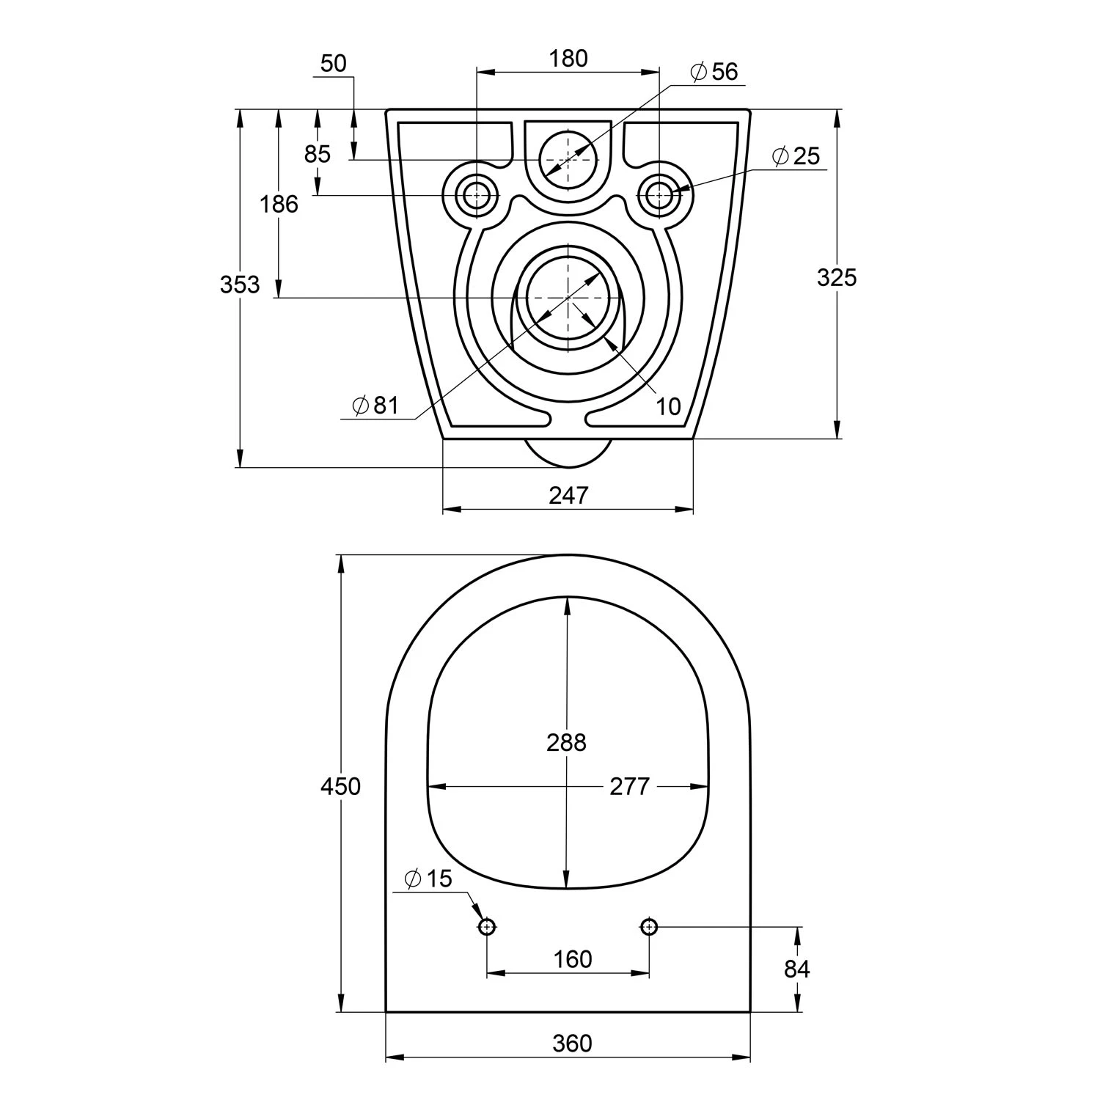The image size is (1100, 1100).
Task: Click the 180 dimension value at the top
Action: click(568, 59)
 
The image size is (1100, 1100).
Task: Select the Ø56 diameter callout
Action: click(714, 72)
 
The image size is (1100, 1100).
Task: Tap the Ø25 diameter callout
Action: click(796, 156)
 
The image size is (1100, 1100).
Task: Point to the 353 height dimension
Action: click(240, 285)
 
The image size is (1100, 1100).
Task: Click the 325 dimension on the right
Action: click(837, 277)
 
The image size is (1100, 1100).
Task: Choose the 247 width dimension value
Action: click(568, 496)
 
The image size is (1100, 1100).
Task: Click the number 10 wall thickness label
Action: click(668, 406)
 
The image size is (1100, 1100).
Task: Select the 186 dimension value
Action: click(279, 204)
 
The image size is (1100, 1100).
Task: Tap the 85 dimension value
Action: click(318, 154)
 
